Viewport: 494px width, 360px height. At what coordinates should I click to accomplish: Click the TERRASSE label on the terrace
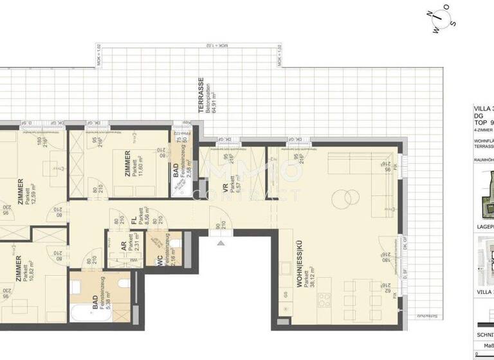coord(201,95)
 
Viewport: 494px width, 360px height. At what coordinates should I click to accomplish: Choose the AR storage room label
coord(123,247)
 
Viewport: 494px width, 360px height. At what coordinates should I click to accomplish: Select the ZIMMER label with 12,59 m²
coord(20,192)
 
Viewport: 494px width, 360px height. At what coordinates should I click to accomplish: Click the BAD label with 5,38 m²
coord(95,303)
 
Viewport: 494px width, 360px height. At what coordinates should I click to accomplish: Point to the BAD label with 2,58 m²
coord(176,171)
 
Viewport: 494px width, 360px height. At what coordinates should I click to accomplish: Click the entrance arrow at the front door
coord(221,243)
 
